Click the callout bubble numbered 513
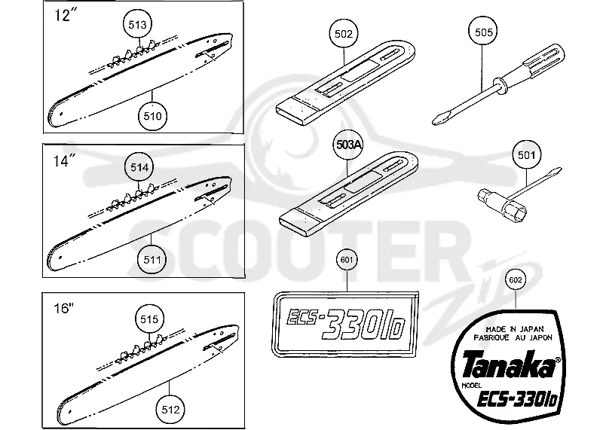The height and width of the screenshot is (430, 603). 137,25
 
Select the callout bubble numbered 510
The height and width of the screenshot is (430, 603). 152,116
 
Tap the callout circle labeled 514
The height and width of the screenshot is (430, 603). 139,167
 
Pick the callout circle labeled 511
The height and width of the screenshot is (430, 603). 152,259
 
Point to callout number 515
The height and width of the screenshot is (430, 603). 148,319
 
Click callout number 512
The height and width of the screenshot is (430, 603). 170,410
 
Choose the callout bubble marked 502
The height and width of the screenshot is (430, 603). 344,34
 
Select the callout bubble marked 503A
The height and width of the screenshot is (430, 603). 348,145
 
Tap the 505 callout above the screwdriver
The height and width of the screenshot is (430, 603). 483,32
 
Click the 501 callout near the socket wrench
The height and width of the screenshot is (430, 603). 526,155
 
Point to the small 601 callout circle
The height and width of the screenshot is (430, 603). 347,260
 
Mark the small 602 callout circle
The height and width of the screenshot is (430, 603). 515,280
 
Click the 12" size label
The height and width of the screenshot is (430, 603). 63,15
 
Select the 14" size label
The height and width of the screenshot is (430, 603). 63,160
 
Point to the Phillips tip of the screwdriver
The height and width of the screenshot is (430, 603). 439,118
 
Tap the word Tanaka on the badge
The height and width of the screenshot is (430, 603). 507,365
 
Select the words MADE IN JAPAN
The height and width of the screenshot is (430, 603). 515,329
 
